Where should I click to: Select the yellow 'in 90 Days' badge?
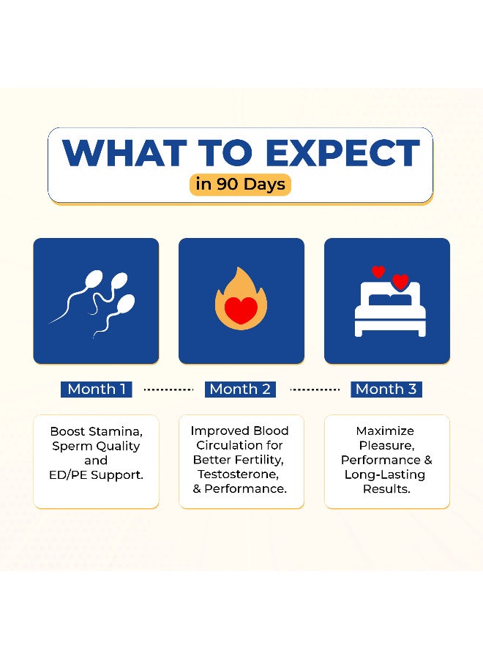pyautogui.click(x=240, y=185)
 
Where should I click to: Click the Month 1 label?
pyautogui.click(x=97, y=390)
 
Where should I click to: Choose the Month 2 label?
pyautogui.click(x=240, y=390)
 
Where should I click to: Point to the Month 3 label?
pyautogui.click(x=386, y=390)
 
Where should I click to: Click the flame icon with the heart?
pyautogui.click(x=241, y=299)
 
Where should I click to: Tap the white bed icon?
pyautogui.click(x=390, y=309)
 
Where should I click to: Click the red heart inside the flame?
pyautogui.click(x=241, y=310)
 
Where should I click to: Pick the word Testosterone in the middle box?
pyautogui.click(x=238, y=474)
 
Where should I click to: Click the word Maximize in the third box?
pyautogui.click(x=385, y=431)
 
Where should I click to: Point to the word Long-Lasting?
pyautogui.click(x=385, y=475)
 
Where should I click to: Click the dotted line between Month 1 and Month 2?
pyautogui.click(x=168, y=390)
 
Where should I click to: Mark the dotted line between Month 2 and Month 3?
pyautogui.click(x=315, y=390)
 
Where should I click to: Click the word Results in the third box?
pyautogui.click(x=387, y=489)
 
